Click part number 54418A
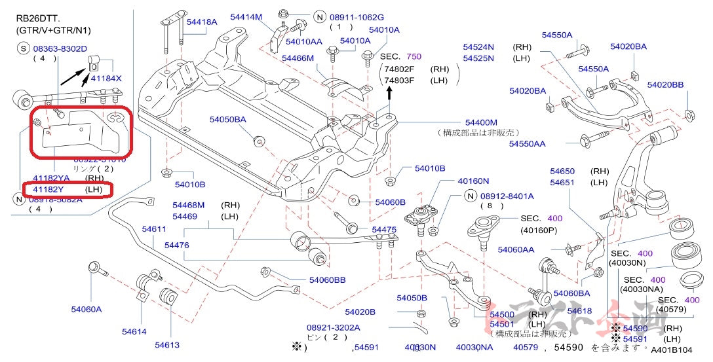click(201, 22)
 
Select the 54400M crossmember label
click(481, 122)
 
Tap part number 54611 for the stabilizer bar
click(154, 229)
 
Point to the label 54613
click(167, 345)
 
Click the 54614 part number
click(134, 331)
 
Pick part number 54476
click(177, 245)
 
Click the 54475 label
click(384, 229)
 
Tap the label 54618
click(579, 311)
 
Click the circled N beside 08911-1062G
click(319, 17)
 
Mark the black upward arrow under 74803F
click(391, 93)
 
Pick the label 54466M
click(298, 58)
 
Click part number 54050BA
click(228, 120)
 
